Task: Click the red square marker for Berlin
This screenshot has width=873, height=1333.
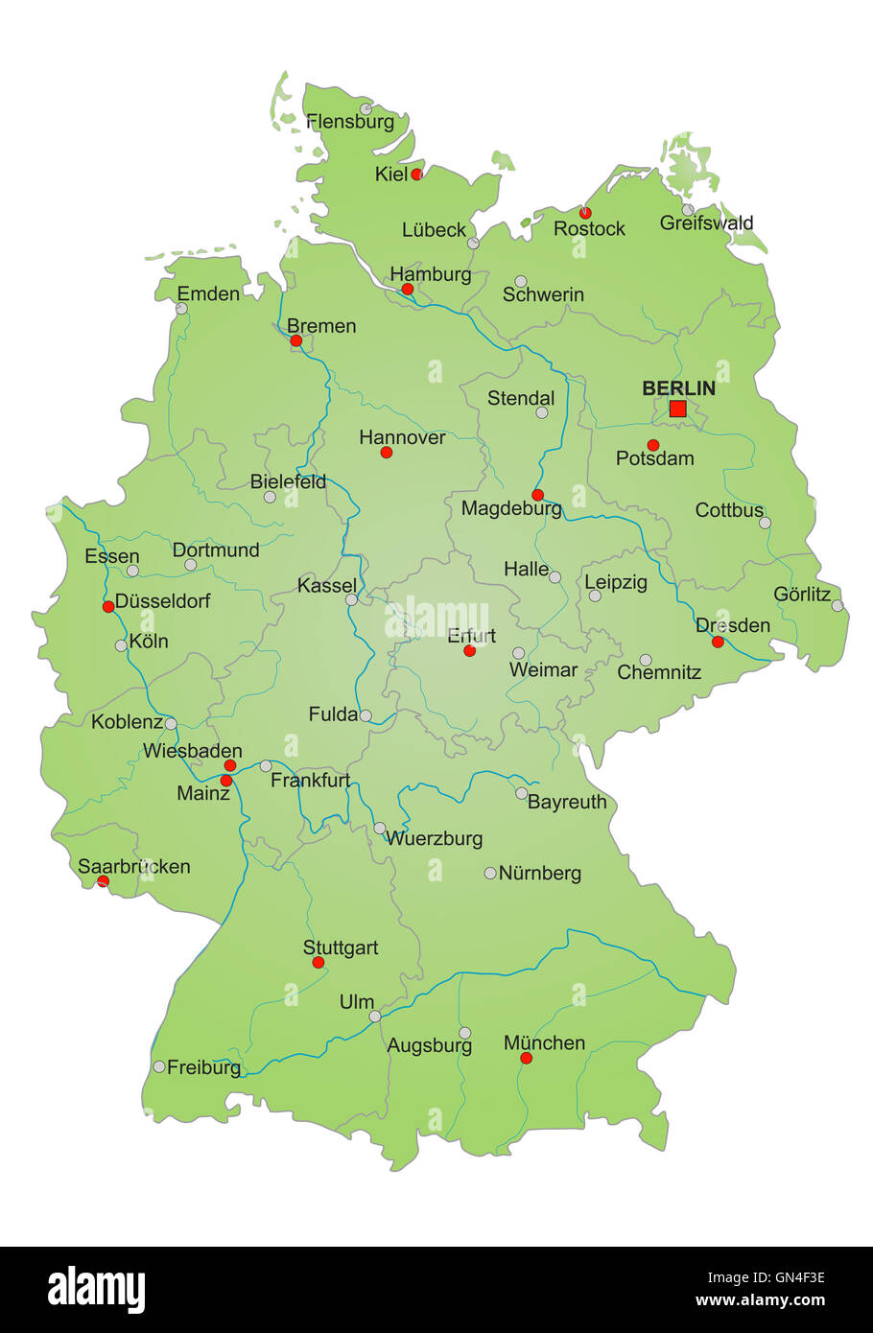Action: tap(677, 409)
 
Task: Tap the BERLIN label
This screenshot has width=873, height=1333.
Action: tap(678, 388)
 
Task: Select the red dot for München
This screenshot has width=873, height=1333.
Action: tap(526, 1058)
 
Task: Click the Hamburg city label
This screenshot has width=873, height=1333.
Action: tap(431, 274)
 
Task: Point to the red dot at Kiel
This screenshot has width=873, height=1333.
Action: tap(416, 174)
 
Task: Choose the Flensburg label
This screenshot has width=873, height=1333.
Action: tap(350, 122)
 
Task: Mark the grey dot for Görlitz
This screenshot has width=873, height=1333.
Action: tap(838, 605)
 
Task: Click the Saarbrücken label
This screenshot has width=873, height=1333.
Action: tap(134, 866)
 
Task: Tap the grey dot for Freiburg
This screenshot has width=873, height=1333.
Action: tap(159, 1066)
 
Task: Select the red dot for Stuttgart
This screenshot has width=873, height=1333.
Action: tap(319, 962)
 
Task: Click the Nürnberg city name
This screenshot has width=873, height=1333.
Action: tap(540, 873)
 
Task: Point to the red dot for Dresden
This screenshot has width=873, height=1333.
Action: tap(718, 642)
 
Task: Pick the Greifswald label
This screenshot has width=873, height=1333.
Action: tap(707, 223)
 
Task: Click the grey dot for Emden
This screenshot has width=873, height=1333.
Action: tap(181, 309)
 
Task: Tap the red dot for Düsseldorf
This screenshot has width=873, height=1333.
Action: tap(108, 606)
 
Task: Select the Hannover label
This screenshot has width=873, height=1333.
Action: tap(402, 437)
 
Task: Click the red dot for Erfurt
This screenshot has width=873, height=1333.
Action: tap(469, 650)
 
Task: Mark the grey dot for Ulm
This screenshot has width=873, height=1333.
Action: tap(375, 1016)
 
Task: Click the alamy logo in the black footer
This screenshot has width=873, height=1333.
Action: tap(96, 1290)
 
